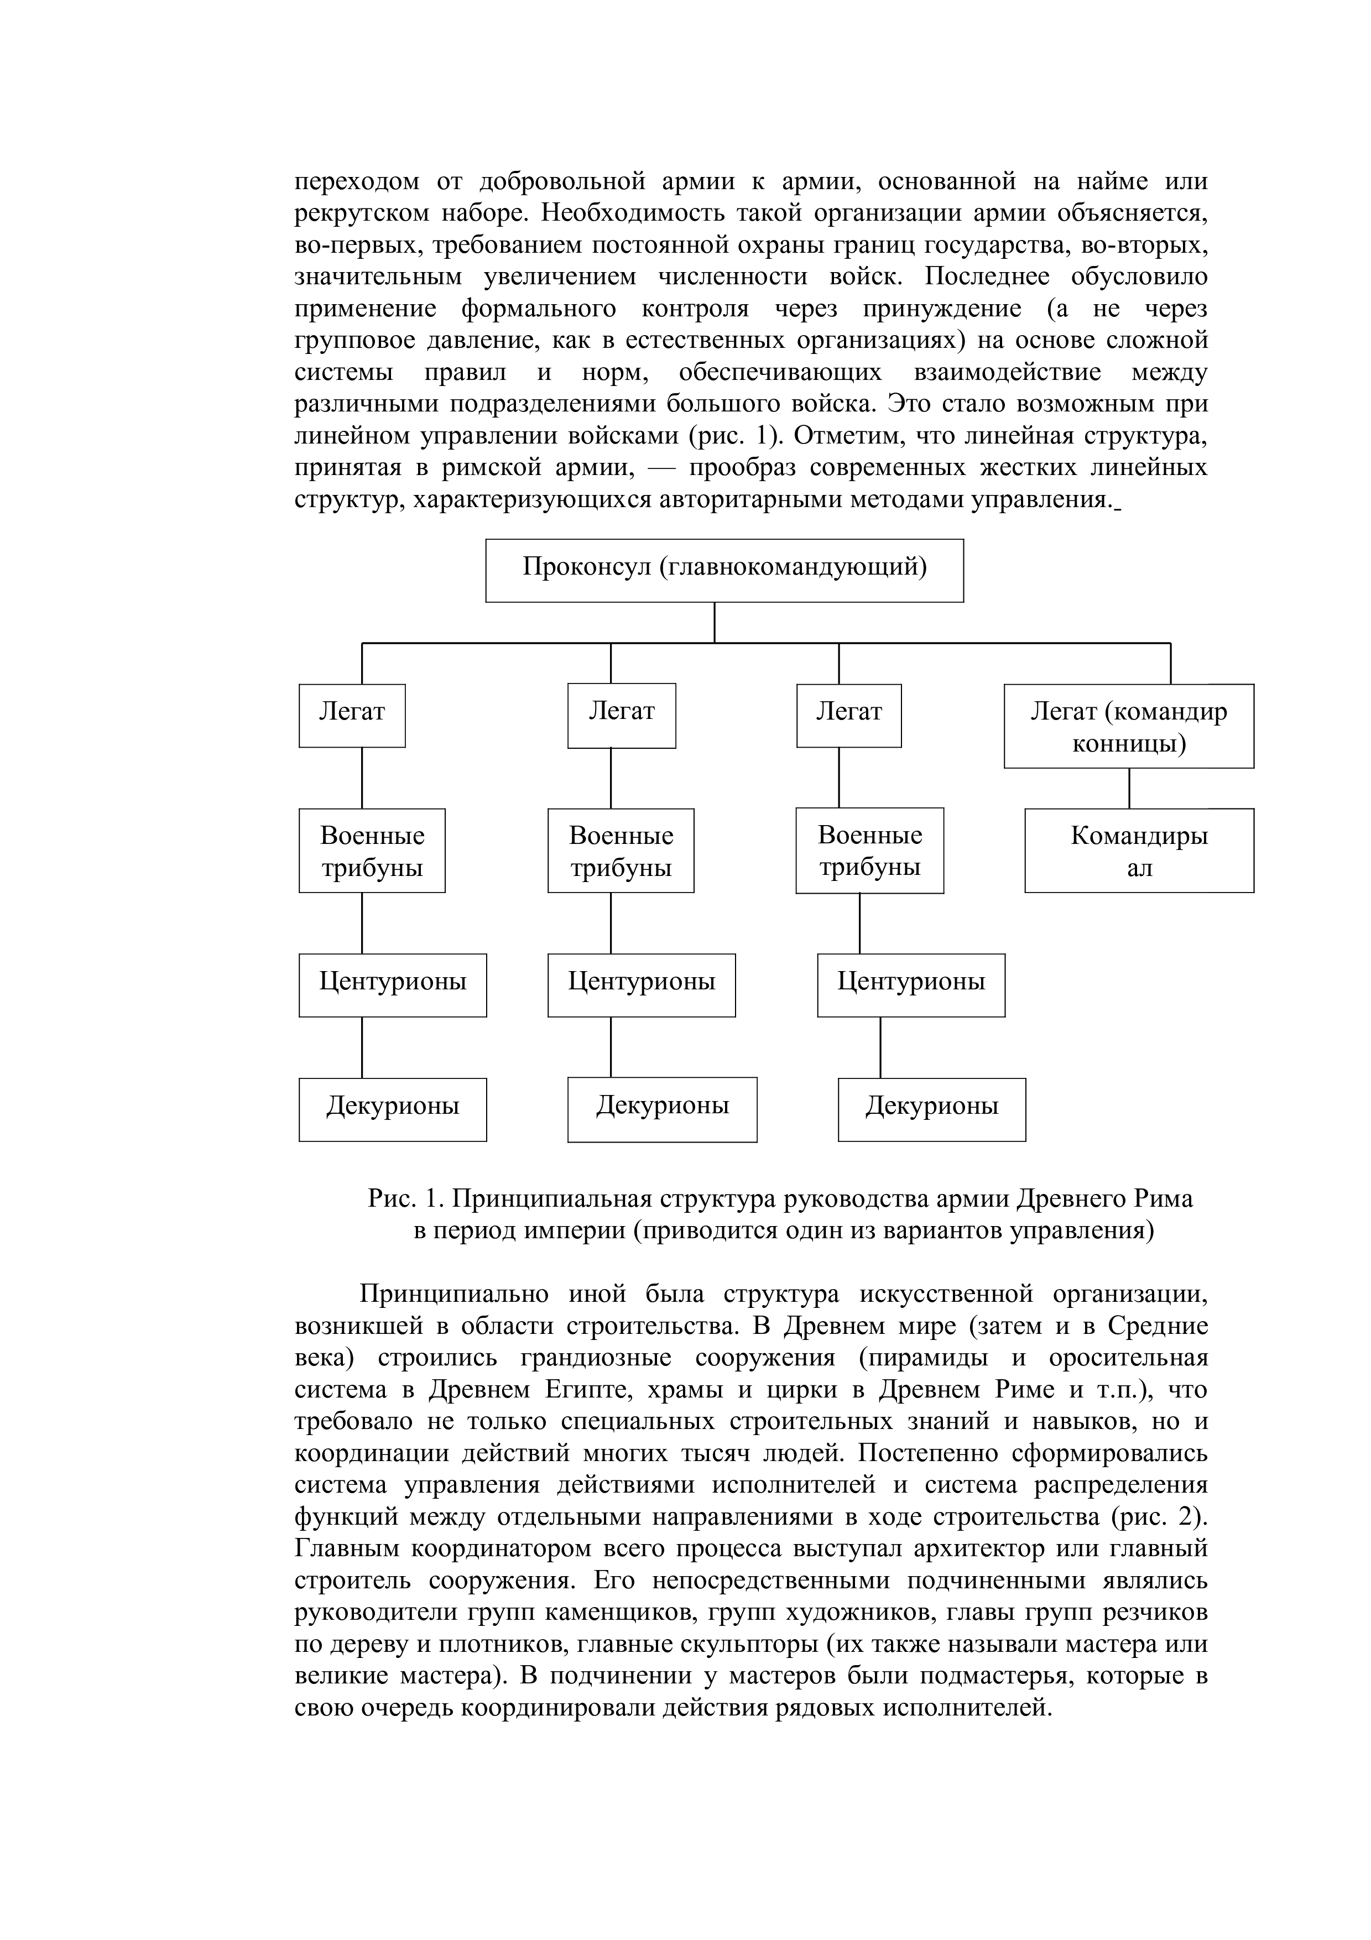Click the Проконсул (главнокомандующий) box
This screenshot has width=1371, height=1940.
724,570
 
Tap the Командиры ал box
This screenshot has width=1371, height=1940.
1139,850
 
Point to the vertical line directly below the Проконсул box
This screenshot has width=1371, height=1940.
715,622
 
